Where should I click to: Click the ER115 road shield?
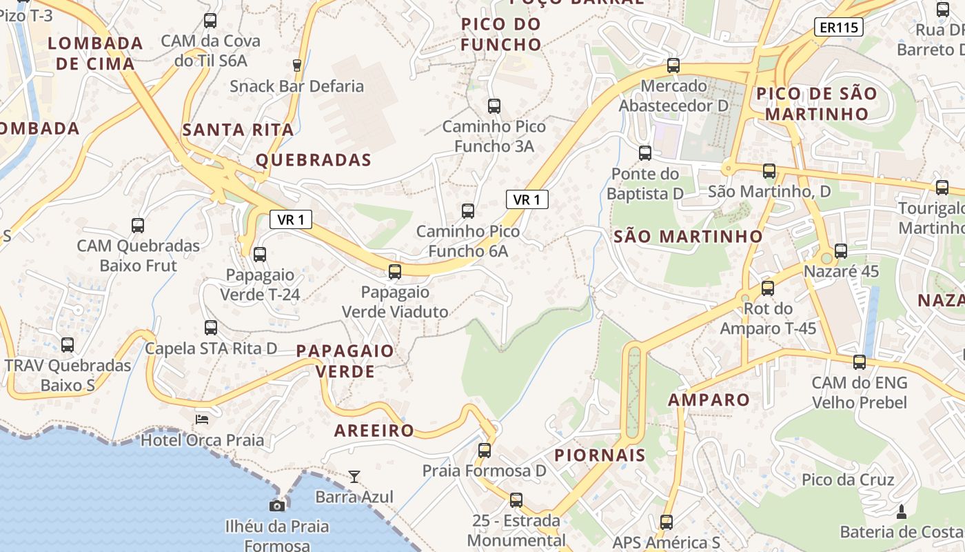(x=838, y=28)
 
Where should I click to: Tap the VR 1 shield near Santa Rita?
(x=291, y=219)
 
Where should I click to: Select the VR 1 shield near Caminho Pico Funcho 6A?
(x=527, y=199)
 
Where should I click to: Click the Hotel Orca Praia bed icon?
(x=202, y=419)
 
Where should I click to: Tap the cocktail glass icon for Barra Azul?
(x=354, y=476)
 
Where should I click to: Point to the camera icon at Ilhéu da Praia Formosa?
(x=277, y=506)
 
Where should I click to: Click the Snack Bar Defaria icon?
(x=297, y=66)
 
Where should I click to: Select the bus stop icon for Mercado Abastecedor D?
(x=673, y=66)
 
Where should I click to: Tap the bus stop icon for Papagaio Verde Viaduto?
(x=395, y=271)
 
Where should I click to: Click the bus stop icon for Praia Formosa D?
(x=485, y=451)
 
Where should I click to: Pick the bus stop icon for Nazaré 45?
(x=841, y=251)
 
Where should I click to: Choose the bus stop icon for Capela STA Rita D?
(x=211, y=328)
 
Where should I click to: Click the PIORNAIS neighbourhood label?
(x=600, y=455)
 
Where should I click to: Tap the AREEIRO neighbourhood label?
(x=374, y=431)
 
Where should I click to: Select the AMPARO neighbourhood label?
(x=709, y=400)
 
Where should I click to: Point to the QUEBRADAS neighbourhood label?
(x=314, y=160)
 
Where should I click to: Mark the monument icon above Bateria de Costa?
(x=901, y=511)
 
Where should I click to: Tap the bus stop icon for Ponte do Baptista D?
(x=645, y=153)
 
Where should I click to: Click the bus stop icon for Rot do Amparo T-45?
(x=768, y=288)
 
